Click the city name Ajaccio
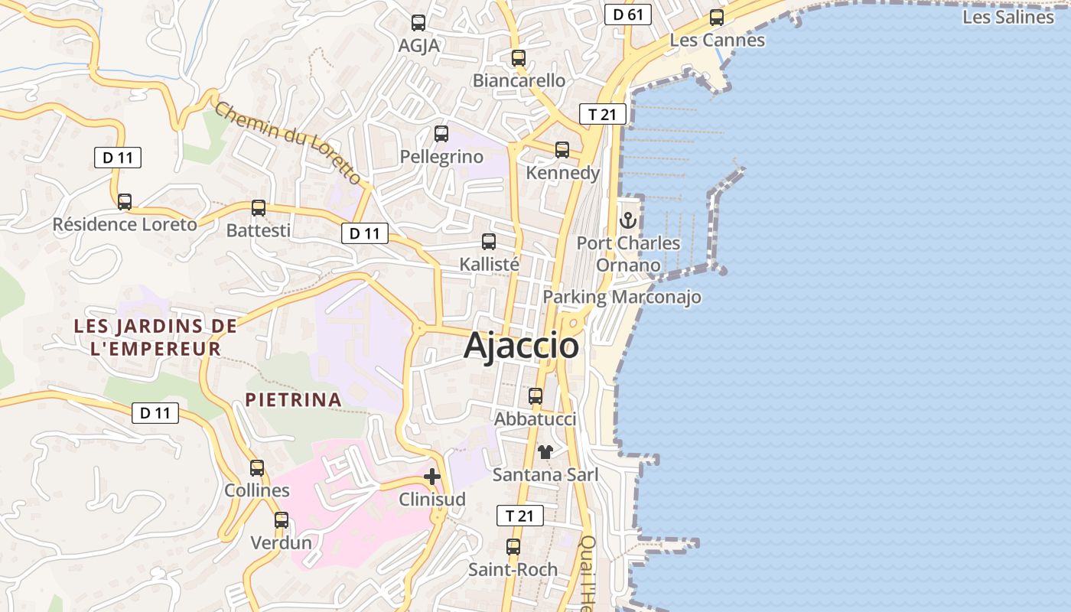coord(521,346)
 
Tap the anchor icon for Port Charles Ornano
coord(628,220)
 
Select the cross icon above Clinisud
coord(432,477)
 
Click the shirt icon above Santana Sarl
coord(545,452)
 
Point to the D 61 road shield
coord(627,15)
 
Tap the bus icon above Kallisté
coord(489,242)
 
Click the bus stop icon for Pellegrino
coord(441,134)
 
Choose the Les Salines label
coord(1008,17)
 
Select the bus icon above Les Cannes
coord(717,18)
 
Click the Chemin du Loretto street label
coord(288,143)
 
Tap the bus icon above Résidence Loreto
coord(125,202)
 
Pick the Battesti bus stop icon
coord(259,207)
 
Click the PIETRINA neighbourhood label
coord(293,399)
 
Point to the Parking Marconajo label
coord(622,297)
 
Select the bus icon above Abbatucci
coord(535,396)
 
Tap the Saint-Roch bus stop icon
coord(513,547)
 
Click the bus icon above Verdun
coord(282,520)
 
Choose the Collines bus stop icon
coord(257,467)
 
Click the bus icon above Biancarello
coord(519,57)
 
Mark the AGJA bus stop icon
coord(418,23)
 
